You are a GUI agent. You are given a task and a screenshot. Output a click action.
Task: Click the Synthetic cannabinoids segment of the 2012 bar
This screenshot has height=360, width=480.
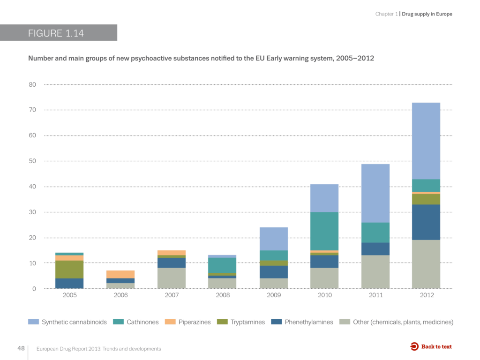[x=426, y=141]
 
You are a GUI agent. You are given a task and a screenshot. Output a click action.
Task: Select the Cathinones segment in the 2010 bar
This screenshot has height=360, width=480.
[x=324, y=231]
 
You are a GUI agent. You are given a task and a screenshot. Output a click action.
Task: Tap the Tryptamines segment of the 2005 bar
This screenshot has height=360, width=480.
[x=70, y=270]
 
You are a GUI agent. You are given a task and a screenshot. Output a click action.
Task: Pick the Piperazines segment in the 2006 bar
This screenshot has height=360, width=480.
[x=120, y=274]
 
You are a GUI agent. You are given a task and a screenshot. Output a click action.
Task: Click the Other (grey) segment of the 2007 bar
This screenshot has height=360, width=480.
[x=172, y=278]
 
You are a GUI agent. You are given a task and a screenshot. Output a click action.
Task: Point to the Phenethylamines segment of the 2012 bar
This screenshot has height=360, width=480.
[x=426, y=222]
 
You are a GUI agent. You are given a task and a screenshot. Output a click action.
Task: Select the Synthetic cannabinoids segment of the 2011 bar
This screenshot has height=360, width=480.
[x=375, y=193]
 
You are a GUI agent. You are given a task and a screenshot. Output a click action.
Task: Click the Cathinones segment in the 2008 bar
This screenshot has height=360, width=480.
[x=222, y=265]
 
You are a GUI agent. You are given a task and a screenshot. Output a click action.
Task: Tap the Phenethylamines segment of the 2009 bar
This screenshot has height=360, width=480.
[x=274, y=272]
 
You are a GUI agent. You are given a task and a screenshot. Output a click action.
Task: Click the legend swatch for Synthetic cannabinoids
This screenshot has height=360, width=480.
[x=33, y=322]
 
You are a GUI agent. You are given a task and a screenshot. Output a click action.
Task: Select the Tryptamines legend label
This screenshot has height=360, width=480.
[x=247, y=322]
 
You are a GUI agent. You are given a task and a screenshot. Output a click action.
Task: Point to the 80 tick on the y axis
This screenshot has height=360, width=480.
[x=32, y=85]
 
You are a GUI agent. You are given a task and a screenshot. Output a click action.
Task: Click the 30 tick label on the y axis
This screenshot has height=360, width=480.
[x=32, y=212]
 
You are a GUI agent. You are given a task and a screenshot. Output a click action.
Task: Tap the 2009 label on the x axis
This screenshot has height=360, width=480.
[x=274, y=295]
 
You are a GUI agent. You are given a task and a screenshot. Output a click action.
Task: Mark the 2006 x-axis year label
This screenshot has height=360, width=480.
[x=120, y=295]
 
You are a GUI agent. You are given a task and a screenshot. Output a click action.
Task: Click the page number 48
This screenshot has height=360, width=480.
[x=21, y=348]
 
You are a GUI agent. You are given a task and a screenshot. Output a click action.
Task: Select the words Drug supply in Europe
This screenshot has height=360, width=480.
[x=427, y=14]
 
